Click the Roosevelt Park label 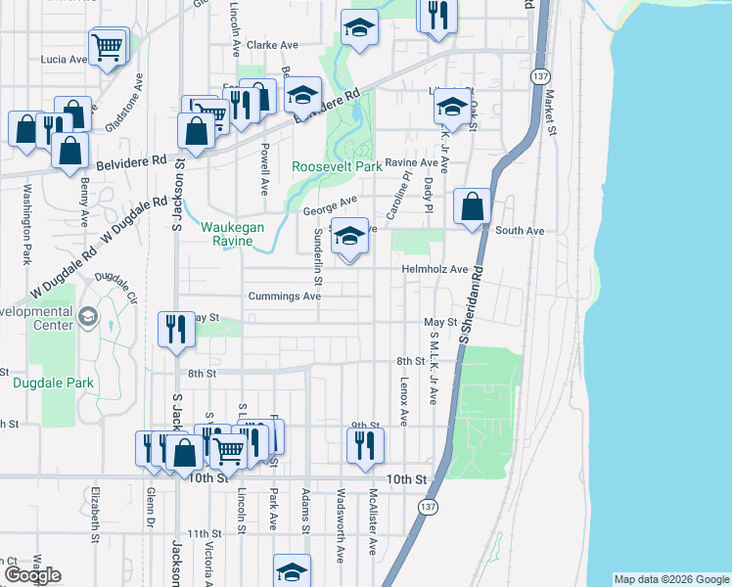pos(337,166)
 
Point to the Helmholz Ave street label pos(435,269)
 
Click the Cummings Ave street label pos(284,295)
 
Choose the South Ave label pos(520,231)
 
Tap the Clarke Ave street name pos(272,45)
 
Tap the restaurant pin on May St pos(175,328)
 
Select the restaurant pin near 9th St pos(364,445)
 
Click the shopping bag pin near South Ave pos(473,207)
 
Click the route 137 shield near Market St pos(541,76)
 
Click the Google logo pos(32,576)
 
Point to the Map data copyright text pos(670,579)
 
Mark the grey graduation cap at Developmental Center pos(87,316)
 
